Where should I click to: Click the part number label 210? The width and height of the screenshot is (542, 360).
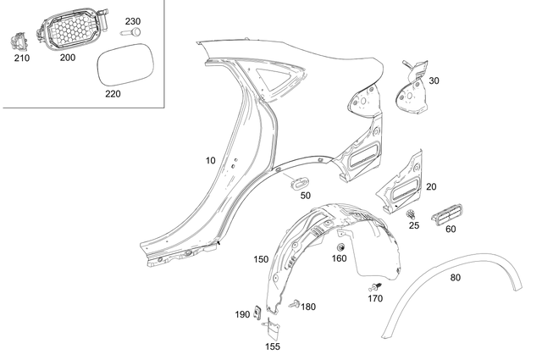(x=21, y=60)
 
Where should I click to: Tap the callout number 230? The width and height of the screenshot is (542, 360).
(x=133, y=21)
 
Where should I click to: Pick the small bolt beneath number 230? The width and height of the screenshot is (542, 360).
(x=133, y=32)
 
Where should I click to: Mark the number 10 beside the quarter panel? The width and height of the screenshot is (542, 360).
(x=210, y=160)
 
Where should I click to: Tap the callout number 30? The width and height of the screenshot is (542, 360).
(x=434, y=81)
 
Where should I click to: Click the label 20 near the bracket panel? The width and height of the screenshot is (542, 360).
(x=430, y=187)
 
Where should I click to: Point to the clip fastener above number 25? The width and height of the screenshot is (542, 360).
(x=412, y=213)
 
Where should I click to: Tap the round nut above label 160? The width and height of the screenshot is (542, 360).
(x=340, y=247)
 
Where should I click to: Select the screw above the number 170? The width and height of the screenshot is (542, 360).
(x=379, y=286)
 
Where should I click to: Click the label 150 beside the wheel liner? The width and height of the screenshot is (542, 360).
(x=261, y=258)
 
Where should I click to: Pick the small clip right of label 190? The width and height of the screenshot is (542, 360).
(x=259, y=314)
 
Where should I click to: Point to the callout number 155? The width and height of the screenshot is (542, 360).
(x=273, y=346)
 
